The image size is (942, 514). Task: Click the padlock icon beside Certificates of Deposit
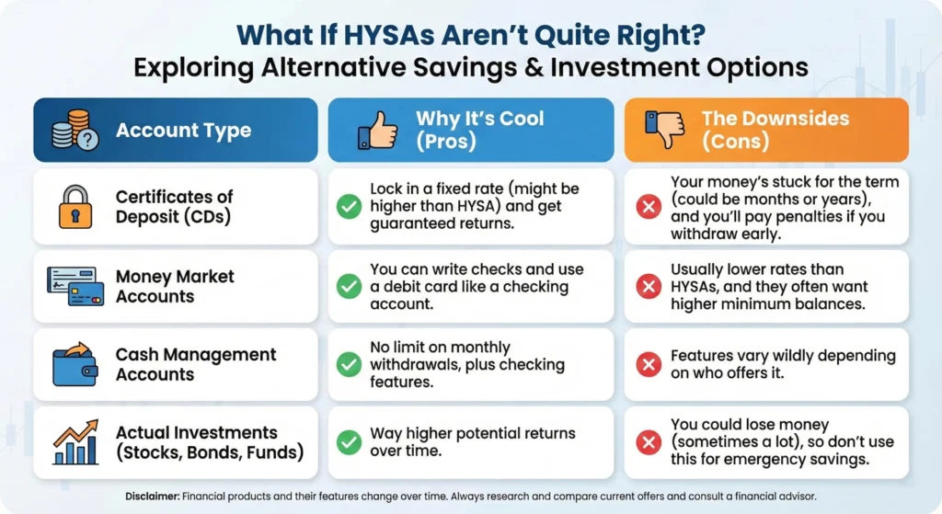75,207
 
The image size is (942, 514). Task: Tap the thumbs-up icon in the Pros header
377,130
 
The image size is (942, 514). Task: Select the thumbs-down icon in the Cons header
663,130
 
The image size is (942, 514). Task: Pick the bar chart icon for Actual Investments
75,442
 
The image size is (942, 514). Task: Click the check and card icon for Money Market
75,286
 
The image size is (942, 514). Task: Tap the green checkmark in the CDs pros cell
349,207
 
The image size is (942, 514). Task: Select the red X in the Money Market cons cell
649,286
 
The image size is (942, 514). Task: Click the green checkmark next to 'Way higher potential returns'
349,442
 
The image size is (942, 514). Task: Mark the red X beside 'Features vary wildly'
649,365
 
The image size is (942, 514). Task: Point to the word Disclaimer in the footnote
152,496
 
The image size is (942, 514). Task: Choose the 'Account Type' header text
183,131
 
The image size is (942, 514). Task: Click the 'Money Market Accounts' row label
175,286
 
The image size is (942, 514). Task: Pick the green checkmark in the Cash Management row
349,365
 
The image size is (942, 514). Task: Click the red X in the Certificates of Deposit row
649,207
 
